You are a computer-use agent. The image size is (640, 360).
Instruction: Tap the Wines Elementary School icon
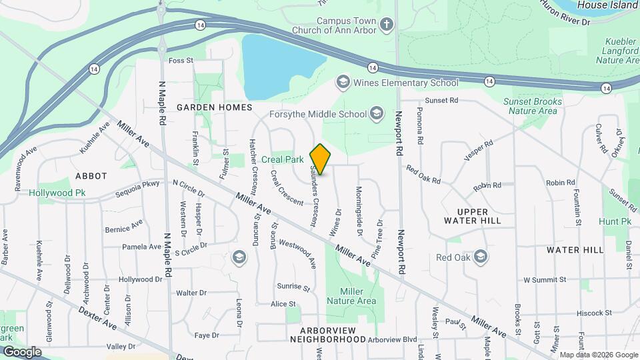[343, 83]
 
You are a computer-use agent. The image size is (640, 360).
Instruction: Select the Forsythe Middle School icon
[377, 113]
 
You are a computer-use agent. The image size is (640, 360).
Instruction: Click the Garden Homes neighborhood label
[214, 107]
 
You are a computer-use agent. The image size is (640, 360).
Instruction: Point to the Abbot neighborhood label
[91, 176]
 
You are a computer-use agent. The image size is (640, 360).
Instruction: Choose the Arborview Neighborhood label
[327, 335]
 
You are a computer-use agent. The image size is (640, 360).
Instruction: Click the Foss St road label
[181, 61]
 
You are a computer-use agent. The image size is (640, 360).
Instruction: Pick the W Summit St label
[544, 279]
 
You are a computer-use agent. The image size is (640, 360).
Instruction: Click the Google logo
[21, 351]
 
